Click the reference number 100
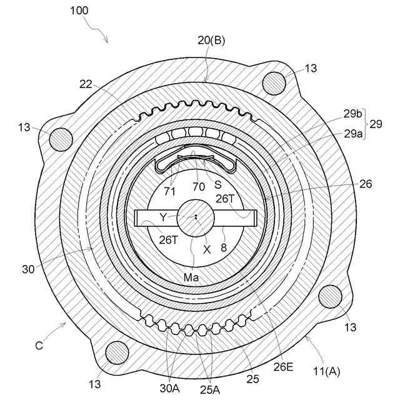pyautogui.click(x=79, y=11)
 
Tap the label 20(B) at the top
pyautogui.click(x=211, y=41)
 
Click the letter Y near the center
pyautogui.click(x=163, y=217)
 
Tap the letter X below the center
pyautogui.click(x=207, y=248)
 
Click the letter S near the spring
pyautogui.click(x=218, y=185)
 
